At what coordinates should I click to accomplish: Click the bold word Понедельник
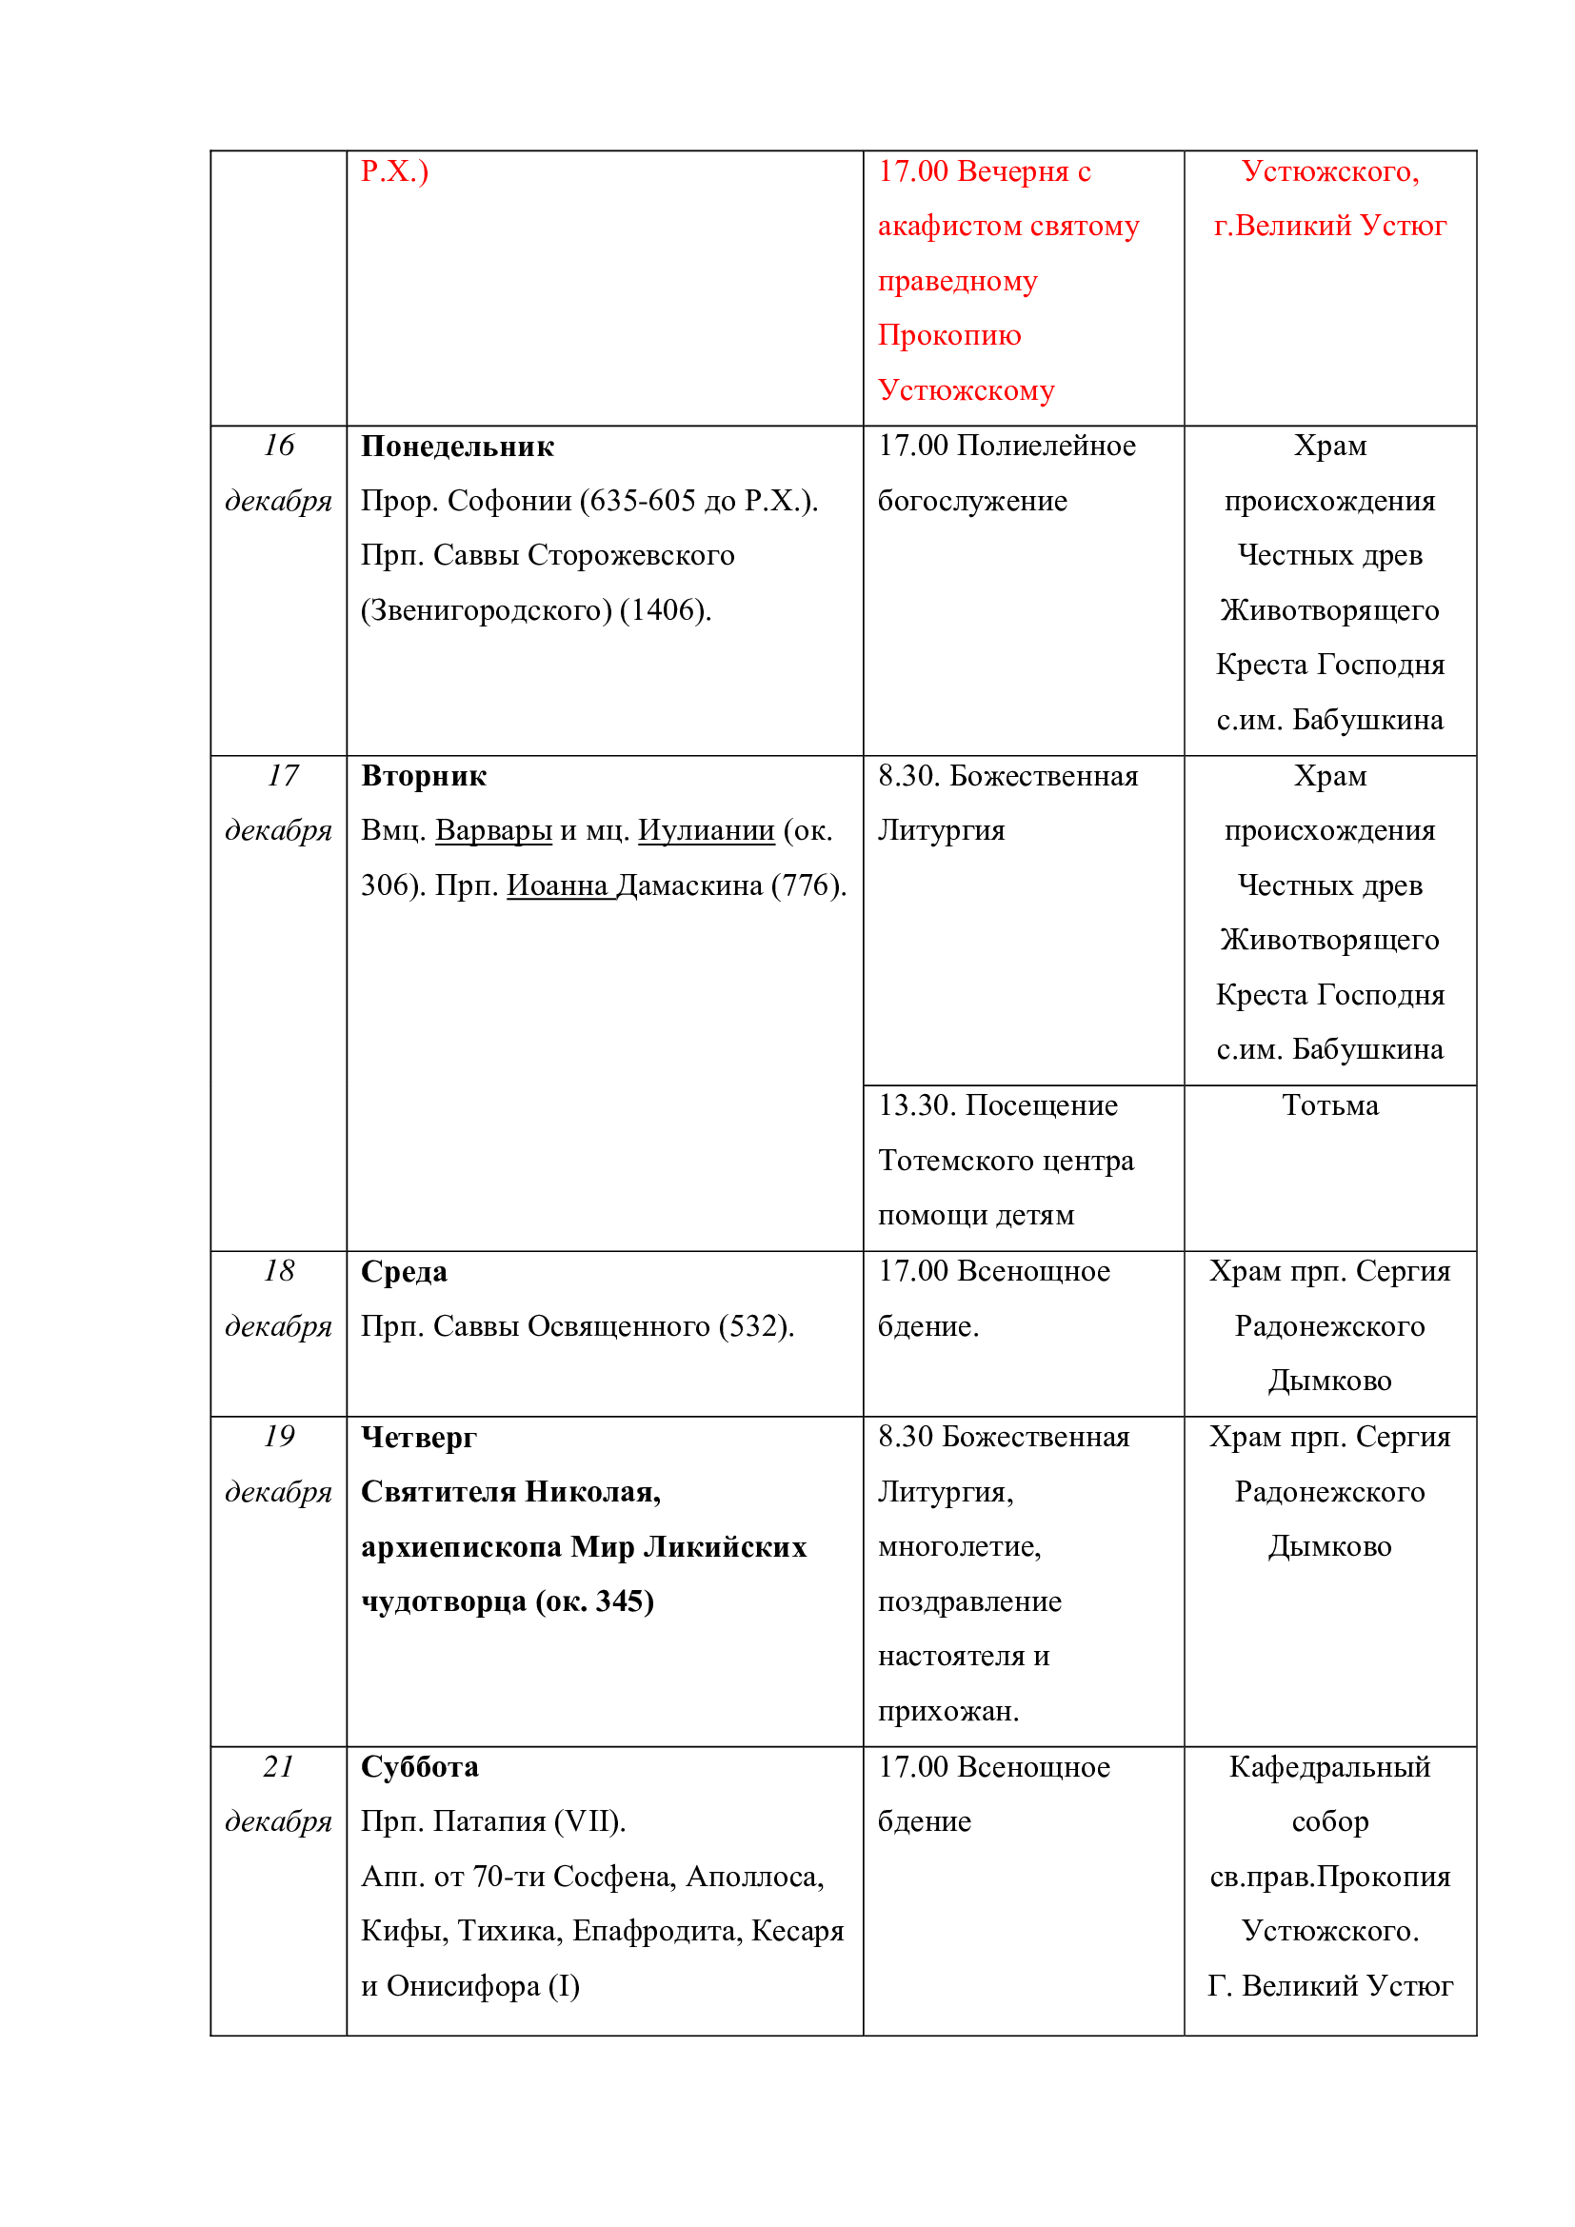pyautogui.click(x=457, y=447)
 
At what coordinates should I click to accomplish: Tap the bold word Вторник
pyautogui.click(x=423, y=776)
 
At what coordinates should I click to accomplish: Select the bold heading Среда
pyautogui.click(x=404, y=1272)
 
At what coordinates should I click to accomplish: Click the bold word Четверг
pyautogui.click(x=418, y=1437)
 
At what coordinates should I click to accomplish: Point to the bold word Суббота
pyautogui.click(x=419, y=1767)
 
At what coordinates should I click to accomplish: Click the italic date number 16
pyautogui.click(x=278, y=446)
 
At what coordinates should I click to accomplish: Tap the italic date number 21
pyautogui.click(x=278, y=1766)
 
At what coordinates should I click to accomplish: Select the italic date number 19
pyautogui.click(x=278, y=1436)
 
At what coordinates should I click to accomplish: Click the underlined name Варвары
pyautogui.click(x=493, y=830)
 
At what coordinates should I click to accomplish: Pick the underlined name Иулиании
pyautogui.click(x=706, y=830)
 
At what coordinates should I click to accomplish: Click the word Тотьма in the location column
pyautogui.click(x=1329, y=1105)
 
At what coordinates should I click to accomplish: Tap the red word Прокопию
pyautogui.click(x=948, y=335)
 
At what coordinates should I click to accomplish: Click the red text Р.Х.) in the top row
pyautogui.click(x=394, y=171)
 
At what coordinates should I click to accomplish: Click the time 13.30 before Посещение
pyautogui.click(x=917, y=1105)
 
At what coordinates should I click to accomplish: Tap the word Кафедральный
pyautogui.click(x=1329, y=1767)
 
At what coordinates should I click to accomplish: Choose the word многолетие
pyautogui.click(x=958, y=1546)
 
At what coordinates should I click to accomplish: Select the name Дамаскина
pyautogui.click(x=688, y=885)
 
